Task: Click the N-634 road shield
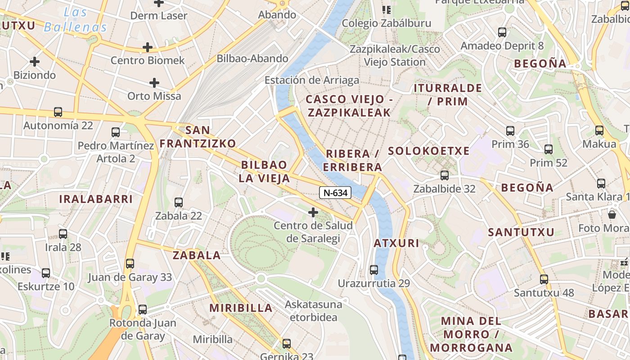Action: click(x=335, y=193)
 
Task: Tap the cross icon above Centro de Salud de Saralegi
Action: click(x=313, y=212)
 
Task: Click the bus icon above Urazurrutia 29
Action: click(x=374, y=270)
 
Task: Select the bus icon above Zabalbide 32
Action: click(x=445, y=175)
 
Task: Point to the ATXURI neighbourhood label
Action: click(x=396, y=243)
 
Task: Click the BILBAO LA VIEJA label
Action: click(x=264, y=171)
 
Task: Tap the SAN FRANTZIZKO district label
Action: click(x=198, y=137)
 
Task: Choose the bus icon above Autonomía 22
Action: click(x=58, y=112)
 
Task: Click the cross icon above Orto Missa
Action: click(x=154, y=83)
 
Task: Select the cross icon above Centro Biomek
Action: click(x=148, y=47)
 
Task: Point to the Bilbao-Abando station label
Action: click(x=252, y=58)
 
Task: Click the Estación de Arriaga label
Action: click(x=312, y=80)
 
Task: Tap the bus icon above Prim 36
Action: click(x=510, y=131)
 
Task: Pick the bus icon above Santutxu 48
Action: click(x=544, y=279)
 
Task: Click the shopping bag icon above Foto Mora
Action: click(x=612, y=214)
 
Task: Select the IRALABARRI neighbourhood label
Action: click(x=96, y=199)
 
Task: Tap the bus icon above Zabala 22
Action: click(x=179, y=202)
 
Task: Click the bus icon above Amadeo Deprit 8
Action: click(x=502, y=32)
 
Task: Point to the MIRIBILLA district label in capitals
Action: click(x=241, y=308)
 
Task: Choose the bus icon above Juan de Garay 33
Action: click(x=130, y=264)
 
